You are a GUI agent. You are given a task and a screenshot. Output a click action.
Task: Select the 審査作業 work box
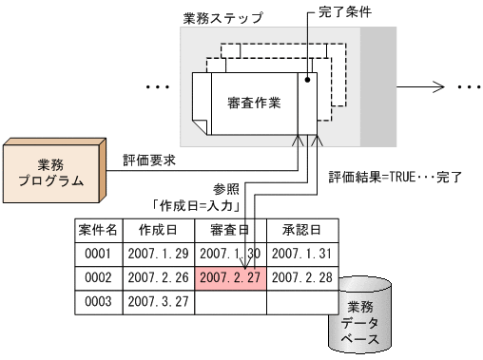255,103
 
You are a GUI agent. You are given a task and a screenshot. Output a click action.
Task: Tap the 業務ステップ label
222,18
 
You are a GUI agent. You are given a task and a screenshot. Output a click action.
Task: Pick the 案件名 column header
98,230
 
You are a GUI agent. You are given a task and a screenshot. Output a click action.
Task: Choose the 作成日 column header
157,230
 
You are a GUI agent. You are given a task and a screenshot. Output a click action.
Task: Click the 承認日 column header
300,230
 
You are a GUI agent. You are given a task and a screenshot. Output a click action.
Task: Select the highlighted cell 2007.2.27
229,277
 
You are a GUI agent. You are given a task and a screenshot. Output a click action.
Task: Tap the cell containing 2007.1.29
157,254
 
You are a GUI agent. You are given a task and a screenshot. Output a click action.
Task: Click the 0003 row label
98,301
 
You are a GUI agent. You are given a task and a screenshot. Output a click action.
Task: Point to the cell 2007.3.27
157,301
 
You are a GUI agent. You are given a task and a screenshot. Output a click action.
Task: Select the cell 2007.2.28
300,277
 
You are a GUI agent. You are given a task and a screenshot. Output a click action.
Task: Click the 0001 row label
98,254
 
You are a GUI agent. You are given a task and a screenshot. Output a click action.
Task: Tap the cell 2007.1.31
300,254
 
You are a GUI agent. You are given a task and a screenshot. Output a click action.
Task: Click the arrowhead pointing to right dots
440,85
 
